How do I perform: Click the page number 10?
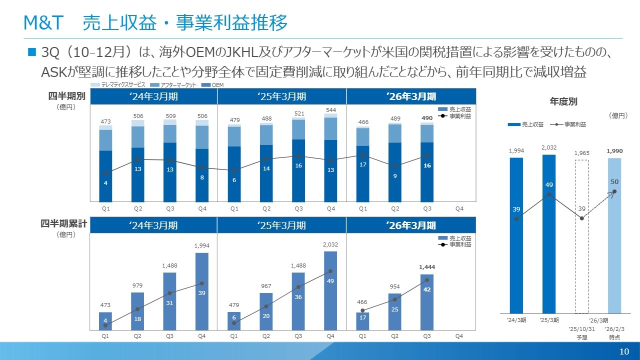click(x=624, y=351)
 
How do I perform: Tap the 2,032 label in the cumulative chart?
click(x=330, y=244)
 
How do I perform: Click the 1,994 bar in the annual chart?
click(x=516, y=235)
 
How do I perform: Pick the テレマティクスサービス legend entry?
click(x=120, y=85)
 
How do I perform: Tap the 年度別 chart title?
click(x=563, y=101)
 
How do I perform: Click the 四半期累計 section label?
click(x=63, y=224)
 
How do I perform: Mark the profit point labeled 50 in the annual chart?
click(x=614, y=191)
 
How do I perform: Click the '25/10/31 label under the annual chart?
click(x=581, y=329)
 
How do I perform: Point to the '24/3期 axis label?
click(x=516, y=320)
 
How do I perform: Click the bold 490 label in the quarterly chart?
click(x=427, y=118)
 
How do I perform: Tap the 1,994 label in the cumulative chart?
click(x=202, y=246)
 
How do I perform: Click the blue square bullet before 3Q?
click(x=32, y=52)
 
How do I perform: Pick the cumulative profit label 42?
click(x=427, y=289)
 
